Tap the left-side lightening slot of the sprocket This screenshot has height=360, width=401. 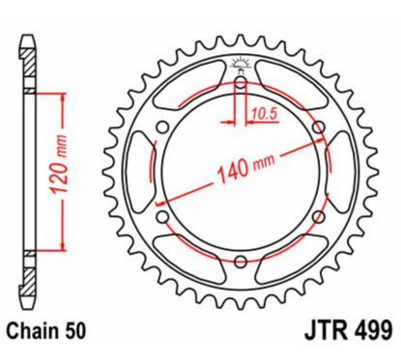[x=142, y=171]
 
